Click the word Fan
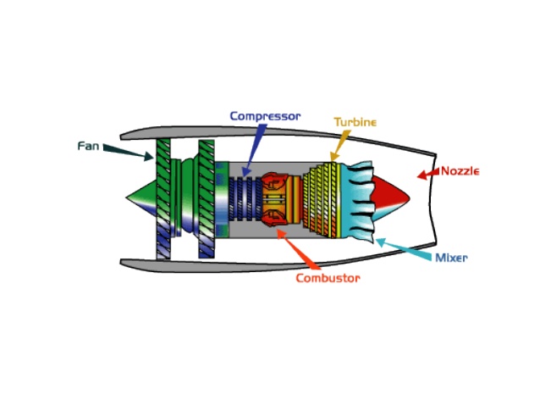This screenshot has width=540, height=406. (x=88, y=146)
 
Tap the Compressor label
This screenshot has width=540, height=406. (x=264, y=115)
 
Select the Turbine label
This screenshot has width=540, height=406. (x=355, y=122)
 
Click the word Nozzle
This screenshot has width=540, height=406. (x=460, y=171)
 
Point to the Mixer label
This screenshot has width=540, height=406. (x=451, y=258)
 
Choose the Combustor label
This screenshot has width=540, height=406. (x=328, y=278)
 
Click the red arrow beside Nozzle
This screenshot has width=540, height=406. (x=427, y=174)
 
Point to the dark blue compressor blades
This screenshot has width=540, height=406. (x=246, y=199)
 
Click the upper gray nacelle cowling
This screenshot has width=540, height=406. (x=279, y=132)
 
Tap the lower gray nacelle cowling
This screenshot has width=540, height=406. (x=279, y=265)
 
